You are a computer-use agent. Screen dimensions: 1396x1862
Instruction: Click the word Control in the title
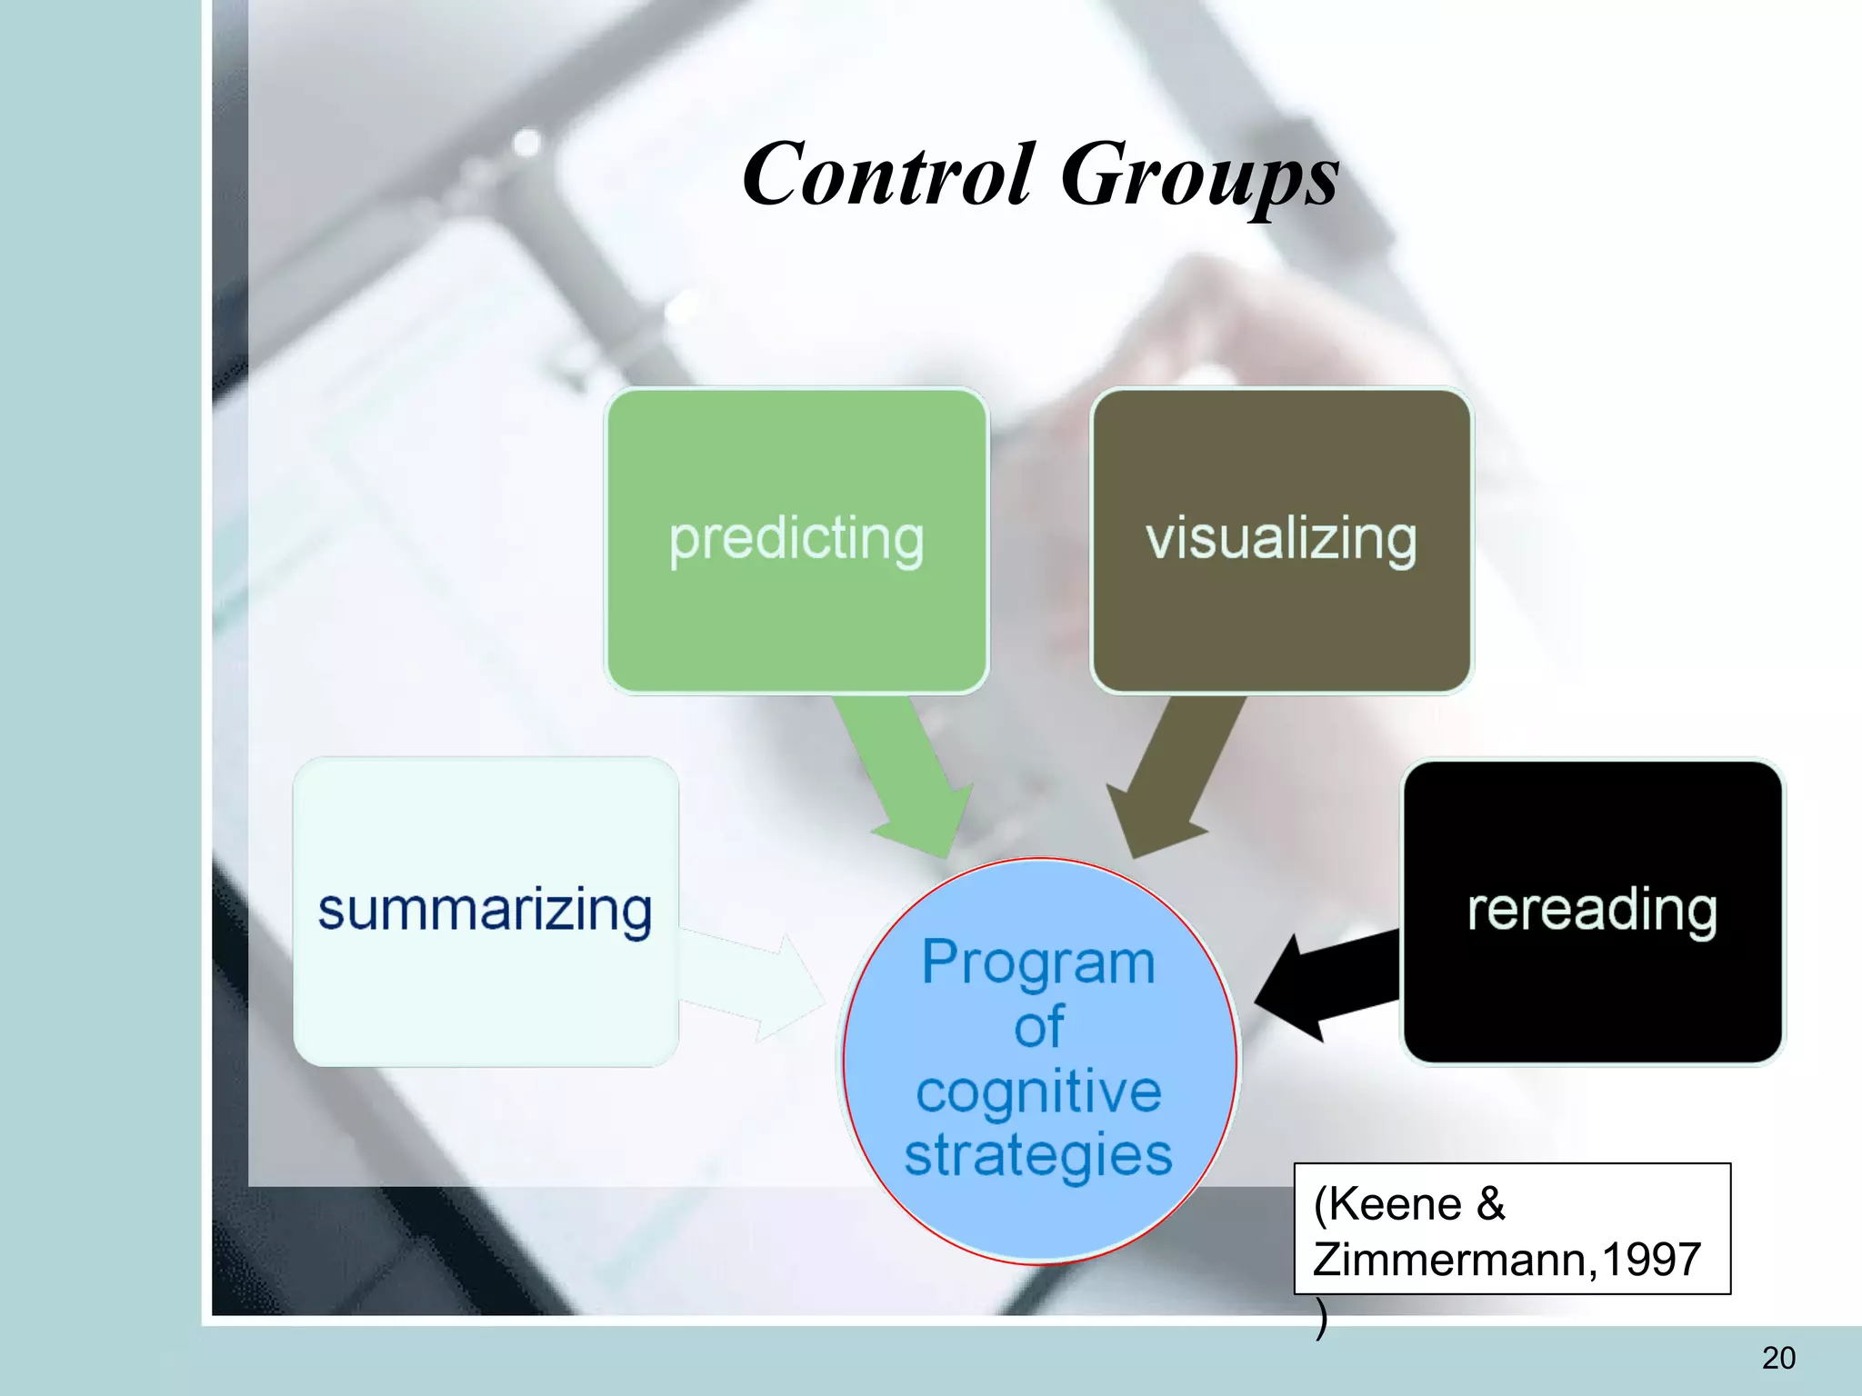pos(887,174)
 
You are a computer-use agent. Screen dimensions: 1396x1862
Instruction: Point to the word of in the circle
pos(1038,1027)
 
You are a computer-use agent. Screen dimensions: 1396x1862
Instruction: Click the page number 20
pos(1778,1358)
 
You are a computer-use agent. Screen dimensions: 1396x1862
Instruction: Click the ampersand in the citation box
pos(1491,1204)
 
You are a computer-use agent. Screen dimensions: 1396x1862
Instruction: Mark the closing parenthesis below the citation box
pos(1321,1319)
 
